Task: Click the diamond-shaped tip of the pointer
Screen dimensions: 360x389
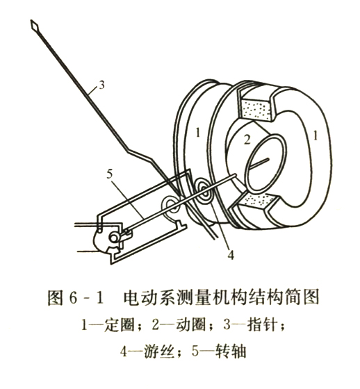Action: coord(35,25)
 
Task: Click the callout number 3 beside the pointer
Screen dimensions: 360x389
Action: coord(101,85)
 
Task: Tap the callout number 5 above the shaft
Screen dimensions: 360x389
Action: coord(110,174)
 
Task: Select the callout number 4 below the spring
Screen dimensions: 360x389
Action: coord(231,255)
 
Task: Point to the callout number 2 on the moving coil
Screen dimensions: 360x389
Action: coord(247,140)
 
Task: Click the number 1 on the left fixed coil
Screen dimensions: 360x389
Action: coord(197,133)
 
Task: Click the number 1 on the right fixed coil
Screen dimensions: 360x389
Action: coord(316,135)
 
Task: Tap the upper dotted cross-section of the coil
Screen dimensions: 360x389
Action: coord(257,110)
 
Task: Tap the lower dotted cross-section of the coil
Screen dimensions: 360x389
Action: coord(259,199)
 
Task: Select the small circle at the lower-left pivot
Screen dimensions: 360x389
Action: coord(114,239)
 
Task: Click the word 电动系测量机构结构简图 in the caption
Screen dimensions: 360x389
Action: coord(221,297)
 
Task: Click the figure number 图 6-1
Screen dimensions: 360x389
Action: coord(75,297)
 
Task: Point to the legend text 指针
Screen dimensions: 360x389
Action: coord(263,325)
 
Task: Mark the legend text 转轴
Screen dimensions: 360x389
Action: coord(231,351)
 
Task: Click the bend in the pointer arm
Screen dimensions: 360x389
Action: coord(128,149)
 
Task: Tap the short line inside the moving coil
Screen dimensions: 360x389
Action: coord(259,163)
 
